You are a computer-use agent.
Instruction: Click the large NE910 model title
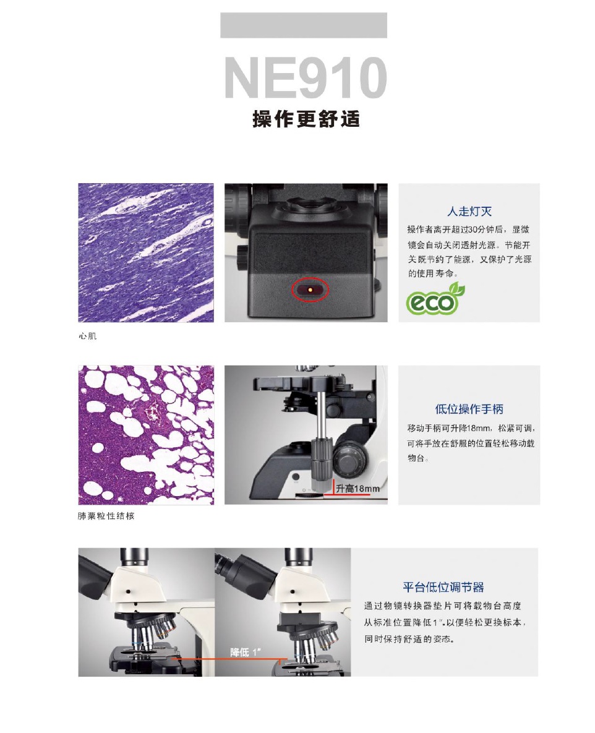tap(305, 78)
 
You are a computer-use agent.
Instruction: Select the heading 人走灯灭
tap(469, 212)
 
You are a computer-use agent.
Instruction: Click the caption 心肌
tap(88, 336)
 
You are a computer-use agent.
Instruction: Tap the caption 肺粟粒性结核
tap(106, 516)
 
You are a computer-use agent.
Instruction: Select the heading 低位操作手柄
tap(469, 409)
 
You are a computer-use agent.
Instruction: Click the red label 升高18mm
tap(357, 489)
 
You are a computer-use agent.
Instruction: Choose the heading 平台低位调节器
tap(443, 587)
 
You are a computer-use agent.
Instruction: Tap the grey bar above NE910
tap(304, 25)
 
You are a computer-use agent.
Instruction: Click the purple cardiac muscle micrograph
tap(146, 252)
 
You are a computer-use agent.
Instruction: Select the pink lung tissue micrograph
tap(146, 434)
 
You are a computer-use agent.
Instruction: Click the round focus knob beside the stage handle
tap(348, 461)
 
